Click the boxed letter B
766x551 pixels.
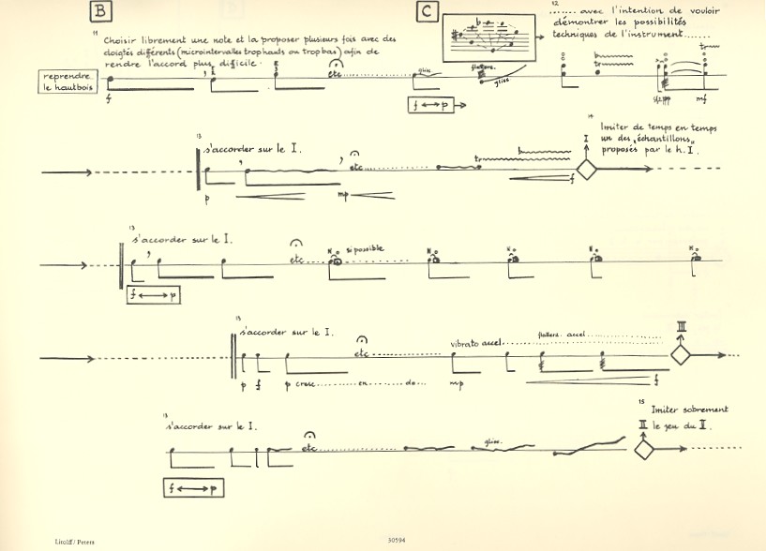coord(100,11)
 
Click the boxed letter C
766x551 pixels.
coord(427,11)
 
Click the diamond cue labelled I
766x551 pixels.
coord(586,171)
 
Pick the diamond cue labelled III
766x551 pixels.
coord(680,355)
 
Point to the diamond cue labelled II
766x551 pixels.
coord(644,451)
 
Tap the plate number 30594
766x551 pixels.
coord(397,539)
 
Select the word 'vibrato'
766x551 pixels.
coord(465,343)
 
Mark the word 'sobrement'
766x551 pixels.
coord(705,410)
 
